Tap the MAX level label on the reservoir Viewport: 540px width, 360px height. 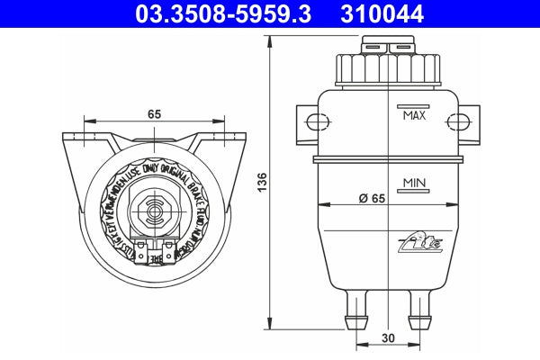[414, 116]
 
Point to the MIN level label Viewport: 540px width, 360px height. [414, 183]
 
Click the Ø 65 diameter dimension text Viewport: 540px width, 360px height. [371, 197]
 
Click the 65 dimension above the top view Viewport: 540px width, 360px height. [154, 114]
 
